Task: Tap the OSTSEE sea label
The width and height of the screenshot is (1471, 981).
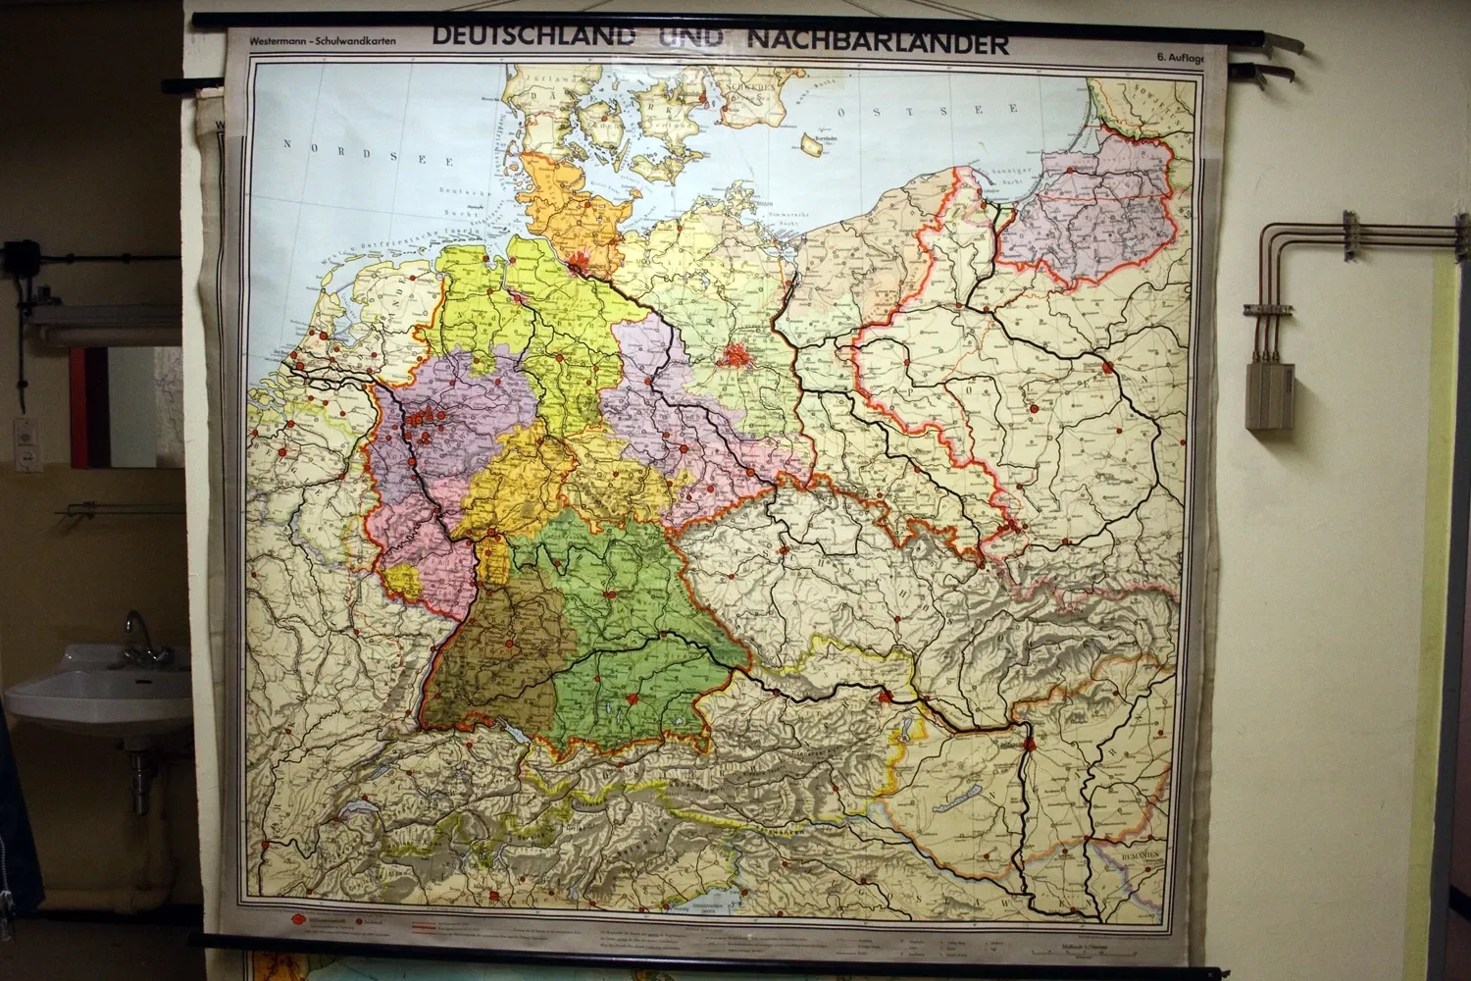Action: (907, 111)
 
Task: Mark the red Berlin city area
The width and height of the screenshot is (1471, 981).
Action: (735, 354)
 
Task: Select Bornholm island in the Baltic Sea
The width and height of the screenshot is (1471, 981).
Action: (812, 144)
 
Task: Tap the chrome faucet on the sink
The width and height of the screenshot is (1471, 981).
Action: (137, 629)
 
